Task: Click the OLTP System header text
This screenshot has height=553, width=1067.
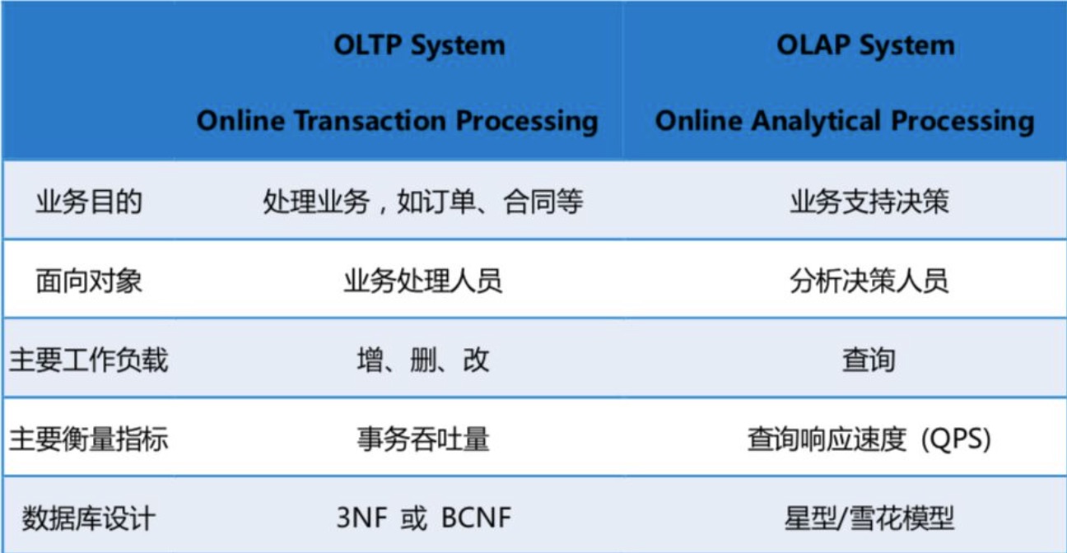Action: (x=419, y=46)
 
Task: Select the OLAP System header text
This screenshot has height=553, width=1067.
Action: (x=865, y=46)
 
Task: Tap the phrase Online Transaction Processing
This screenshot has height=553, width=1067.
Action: (x=398, y=121)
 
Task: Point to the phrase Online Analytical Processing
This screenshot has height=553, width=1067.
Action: (x=845, y=121)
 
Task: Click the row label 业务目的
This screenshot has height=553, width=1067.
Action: (x=89, y=202)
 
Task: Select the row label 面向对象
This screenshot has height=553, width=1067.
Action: (x=89, y=281)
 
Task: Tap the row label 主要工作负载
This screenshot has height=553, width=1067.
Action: (x=89, y=360)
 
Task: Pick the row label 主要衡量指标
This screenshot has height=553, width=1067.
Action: (x=89, y=439)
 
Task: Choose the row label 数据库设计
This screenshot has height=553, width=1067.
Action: (x=89, y=518)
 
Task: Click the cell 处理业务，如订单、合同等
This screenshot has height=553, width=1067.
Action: (x=423, y=202)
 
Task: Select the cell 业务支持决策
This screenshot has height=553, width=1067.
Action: (x=869, y=202)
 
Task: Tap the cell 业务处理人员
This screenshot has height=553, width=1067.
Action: (x=423, y=281)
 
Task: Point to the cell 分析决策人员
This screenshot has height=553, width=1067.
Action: (x=869, y=281)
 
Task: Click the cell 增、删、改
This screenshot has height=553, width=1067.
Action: (x=423, y=360)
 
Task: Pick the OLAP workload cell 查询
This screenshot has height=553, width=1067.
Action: (x=869, y=360)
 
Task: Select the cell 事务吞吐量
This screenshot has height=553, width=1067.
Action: (x=423, y=439)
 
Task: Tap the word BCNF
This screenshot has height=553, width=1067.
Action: (x=477, y=518)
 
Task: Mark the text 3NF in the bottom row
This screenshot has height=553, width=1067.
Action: (x=362, y=518)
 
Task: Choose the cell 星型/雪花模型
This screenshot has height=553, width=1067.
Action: (x=869, y=518)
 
